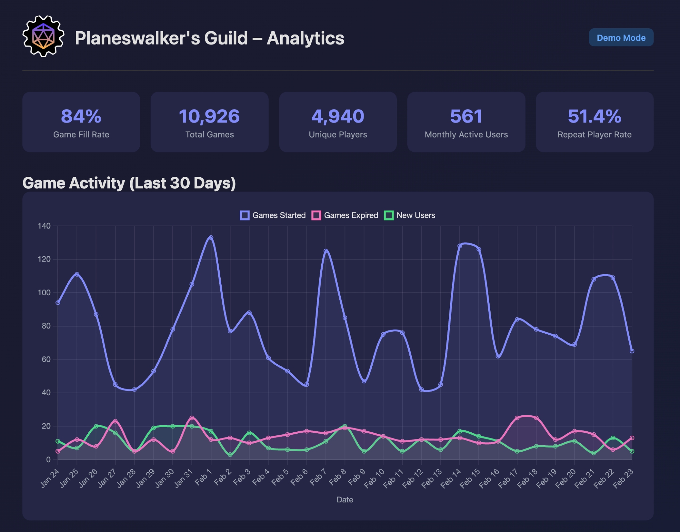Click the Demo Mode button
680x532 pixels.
[x=621, y=37]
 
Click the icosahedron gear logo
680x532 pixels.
[x=43, y=36]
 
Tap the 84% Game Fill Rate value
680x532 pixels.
[x=81, y=116]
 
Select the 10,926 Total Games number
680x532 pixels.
[x=209, y=116]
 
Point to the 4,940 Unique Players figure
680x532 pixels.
[x=338, y=116]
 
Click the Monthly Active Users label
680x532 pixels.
[x=466, y=135]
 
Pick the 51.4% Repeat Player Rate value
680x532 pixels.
[x=594, y=116]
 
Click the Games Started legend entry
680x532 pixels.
[x=273, y=215]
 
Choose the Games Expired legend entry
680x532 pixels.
[x=345, y=215]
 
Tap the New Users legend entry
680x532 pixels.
[x=410, y=215]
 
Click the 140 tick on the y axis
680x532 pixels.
[x=44, y=226]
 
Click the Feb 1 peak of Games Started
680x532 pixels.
[x=211, y=238]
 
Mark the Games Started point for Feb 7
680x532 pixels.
[x=326, y=251]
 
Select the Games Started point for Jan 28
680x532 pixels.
[x=134, y=389]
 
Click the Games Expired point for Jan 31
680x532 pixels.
[x=192, y=418]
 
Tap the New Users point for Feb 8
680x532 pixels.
[x=345, y=426]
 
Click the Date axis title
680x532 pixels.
[x=345, y=500]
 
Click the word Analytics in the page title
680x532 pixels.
[x=305, y=38]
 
